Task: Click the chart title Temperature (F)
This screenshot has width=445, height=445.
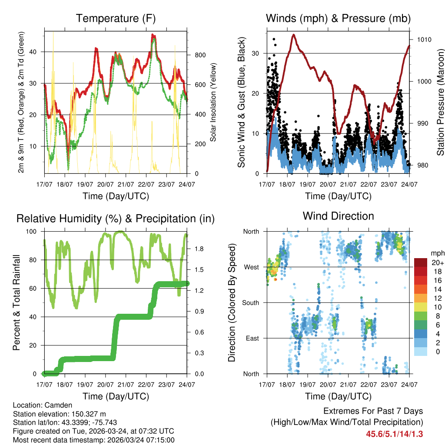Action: pos(116,18)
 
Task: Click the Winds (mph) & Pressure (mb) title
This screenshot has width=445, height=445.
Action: pos(338,18)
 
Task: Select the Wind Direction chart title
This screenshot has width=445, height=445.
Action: pos(338,216)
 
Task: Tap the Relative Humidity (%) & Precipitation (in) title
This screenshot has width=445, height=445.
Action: pos(116,219)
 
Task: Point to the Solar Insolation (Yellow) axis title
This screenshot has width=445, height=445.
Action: pos(213,102)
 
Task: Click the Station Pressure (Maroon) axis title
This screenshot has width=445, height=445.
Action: pos(440,102)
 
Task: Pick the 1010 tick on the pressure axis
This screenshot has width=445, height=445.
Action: pos(424,40)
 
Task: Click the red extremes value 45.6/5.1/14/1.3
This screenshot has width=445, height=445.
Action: pos(394,434)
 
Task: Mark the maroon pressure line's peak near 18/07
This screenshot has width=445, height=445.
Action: pos(294,34)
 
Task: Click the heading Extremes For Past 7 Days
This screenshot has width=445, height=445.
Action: pos(373,411)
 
